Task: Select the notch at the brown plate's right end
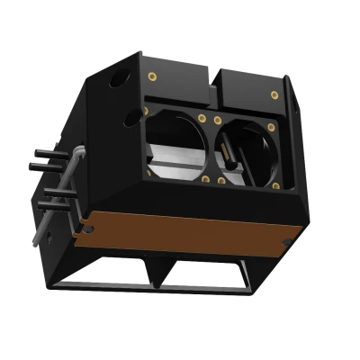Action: [287, 242]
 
